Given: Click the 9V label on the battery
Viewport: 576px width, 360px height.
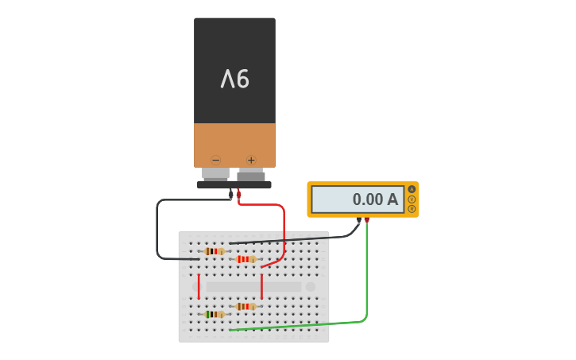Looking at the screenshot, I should coord(235,79).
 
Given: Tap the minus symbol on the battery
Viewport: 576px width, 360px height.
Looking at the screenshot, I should coord(215,160).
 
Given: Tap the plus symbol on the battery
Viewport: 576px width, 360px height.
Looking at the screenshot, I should coord(251,160).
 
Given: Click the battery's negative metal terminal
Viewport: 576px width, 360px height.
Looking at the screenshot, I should coord(215,173).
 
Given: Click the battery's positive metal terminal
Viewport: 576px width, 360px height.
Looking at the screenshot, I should coord(251,174).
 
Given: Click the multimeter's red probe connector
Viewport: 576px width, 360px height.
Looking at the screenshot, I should coord(367,220).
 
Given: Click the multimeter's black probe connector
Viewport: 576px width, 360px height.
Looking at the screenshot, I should coord(359,220).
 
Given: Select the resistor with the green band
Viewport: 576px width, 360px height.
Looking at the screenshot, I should coord(215,314).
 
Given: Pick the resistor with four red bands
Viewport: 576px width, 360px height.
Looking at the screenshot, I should coord(246,259).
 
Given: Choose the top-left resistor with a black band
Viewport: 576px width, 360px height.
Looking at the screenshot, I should coord(215,251).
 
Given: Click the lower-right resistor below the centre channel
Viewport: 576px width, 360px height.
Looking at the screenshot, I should coord(246,306).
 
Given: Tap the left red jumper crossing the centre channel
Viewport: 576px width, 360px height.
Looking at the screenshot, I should coord(199,286).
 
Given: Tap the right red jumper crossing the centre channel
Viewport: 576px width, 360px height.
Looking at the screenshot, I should coord(261,286).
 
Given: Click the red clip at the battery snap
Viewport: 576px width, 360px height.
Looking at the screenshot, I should coord(238,193).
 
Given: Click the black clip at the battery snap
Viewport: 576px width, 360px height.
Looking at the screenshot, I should coord(230,193).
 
